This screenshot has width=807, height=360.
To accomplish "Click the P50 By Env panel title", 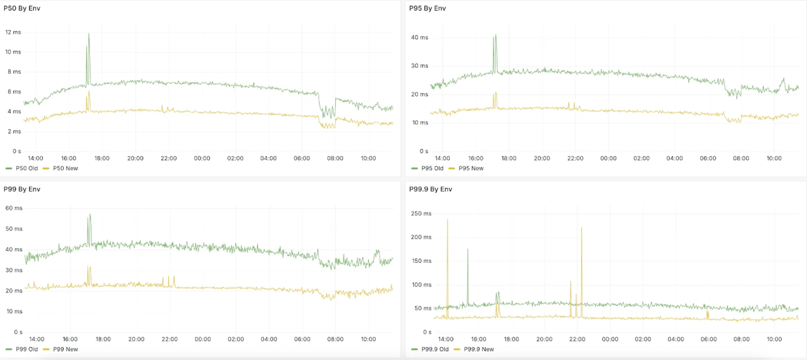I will click(x=22, y=8).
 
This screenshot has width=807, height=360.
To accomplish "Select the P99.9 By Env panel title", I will click(x=430, y=189).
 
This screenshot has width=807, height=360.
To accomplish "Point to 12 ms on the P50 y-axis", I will click(x=13, y=33).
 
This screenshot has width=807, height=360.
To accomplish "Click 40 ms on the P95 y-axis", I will click(x=420, y=38).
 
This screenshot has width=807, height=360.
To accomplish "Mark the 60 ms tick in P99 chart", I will click(x=14, y=208).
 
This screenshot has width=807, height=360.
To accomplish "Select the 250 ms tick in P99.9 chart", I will click(x=421, y=214).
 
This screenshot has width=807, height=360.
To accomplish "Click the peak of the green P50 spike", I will click(x=89, y=34).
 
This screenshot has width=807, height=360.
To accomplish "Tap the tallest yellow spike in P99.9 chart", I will click(x=447, y=220).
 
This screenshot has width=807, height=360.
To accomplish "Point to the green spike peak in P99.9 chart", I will click(x=468, y=250).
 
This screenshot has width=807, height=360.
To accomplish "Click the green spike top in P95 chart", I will click(x=495, y=35).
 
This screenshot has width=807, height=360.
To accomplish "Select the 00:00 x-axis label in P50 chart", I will click(x=202, y=158).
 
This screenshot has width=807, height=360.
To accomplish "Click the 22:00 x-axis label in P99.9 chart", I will click(x=577, y=339).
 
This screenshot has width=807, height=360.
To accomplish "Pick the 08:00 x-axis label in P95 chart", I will click(x=741, y=158).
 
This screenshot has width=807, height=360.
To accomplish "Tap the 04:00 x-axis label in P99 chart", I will click(x=269, y=339).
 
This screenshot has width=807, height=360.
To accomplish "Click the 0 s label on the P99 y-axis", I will click(x=18, y=332).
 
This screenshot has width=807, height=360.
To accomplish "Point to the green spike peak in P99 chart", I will click(x=90, y=215).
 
